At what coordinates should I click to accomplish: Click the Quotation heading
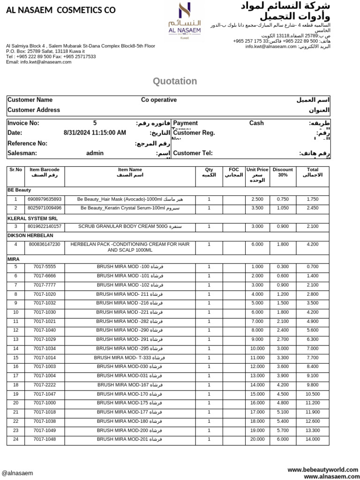pos(175,81)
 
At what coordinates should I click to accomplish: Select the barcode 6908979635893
pos(45,199)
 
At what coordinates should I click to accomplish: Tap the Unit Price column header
pos(257,175)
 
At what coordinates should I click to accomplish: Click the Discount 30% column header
pos(283,172)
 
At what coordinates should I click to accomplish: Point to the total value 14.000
pos(312,439)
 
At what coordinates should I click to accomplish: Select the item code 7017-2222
pos(45,385)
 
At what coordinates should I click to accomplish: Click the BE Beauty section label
pos(19,190)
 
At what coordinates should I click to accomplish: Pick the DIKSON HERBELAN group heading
pos(30,235)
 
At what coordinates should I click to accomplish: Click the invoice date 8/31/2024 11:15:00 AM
pos(95,133)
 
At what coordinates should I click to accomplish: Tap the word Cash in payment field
pos(256,123)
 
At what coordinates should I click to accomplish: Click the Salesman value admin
pos(95,153)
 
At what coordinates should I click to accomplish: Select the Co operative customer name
pos(159,100)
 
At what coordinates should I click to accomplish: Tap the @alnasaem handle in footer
pos(17,473)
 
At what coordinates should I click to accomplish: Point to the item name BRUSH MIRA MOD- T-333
pos(129,358)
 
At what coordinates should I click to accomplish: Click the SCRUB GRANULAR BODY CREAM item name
pos(129,226)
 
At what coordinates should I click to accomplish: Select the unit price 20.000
pos(257,439)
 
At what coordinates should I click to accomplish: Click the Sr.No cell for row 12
pos(15,330)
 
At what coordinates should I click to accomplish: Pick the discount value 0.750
pos(283,199)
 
